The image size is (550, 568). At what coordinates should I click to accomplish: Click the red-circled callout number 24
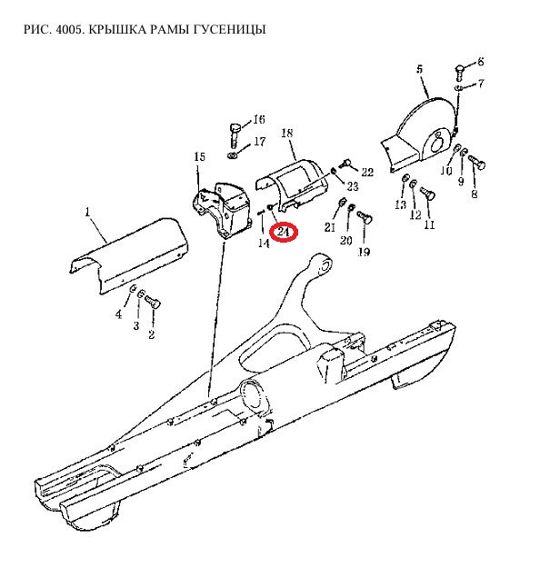[283, 232]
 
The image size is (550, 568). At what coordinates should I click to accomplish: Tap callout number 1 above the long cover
[87, 212]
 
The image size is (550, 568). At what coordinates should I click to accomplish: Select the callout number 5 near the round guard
[420, 69]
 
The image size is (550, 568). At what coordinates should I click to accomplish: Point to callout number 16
[259, 119]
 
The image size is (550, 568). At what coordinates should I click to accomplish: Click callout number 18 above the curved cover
[286, 133]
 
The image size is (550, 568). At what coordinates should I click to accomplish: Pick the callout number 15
[200, 157]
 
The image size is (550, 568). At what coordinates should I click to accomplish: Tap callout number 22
[367, 172]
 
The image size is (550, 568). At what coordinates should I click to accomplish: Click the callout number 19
[365, 252]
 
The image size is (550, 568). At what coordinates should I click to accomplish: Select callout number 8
[475, 194]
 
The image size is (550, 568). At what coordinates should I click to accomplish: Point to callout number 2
[152, 334]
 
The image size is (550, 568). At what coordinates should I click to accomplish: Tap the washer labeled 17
[232, 155]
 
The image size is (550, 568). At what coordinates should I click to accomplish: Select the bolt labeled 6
[459, 73]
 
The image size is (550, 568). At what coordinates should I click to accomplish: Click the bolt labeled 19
[365, 217]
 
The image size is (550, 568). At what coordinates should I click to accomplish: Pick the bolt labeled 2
[153, 302]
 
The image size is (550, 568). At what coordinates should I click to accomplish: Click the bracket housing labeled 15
[222, 210]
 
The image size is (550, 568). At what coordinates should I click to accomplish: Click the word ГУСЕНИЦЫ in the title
[230, 29]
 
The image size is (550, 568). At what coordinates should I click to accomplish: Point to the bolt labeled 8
[476, 162]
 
